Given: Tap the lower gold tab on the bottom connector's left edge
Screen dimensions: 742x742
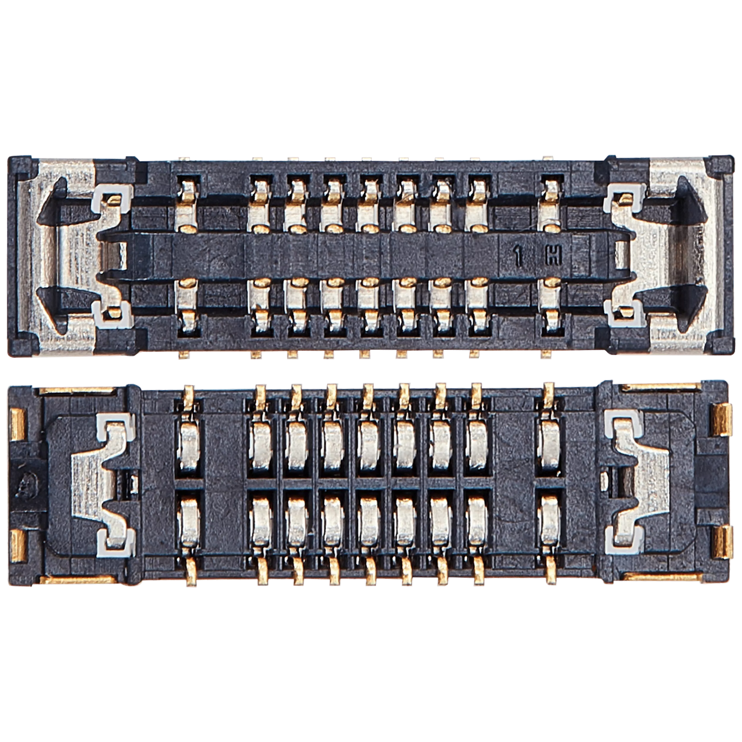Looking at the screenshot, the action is [x=18, y=545].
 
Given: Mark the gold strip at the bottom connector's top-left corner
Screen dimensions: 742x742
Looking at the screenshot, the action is [x=77, y=390].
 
